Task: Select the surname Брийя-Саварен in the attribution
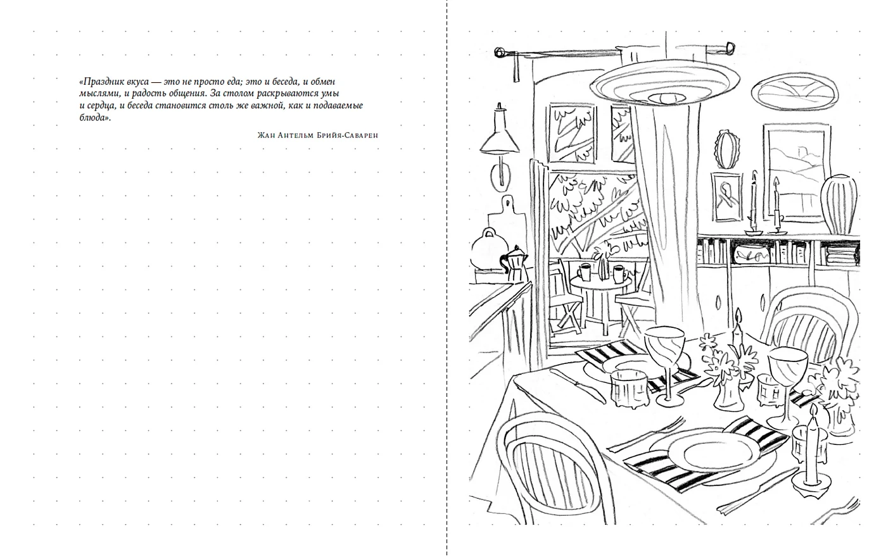tap(347, 135)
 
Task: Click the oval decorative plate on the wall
tap(795, 91)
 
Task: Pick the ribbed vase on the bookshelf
tap(839, 204)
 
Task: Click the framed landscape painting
tap(797, 173)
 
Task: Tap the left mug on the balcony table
tap(584, 272)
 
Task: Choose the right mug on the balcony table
tap(619, 274)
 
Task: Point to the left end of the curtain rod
tap(498, 52)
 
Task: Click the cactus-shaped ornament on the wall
tap(728, 149)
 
